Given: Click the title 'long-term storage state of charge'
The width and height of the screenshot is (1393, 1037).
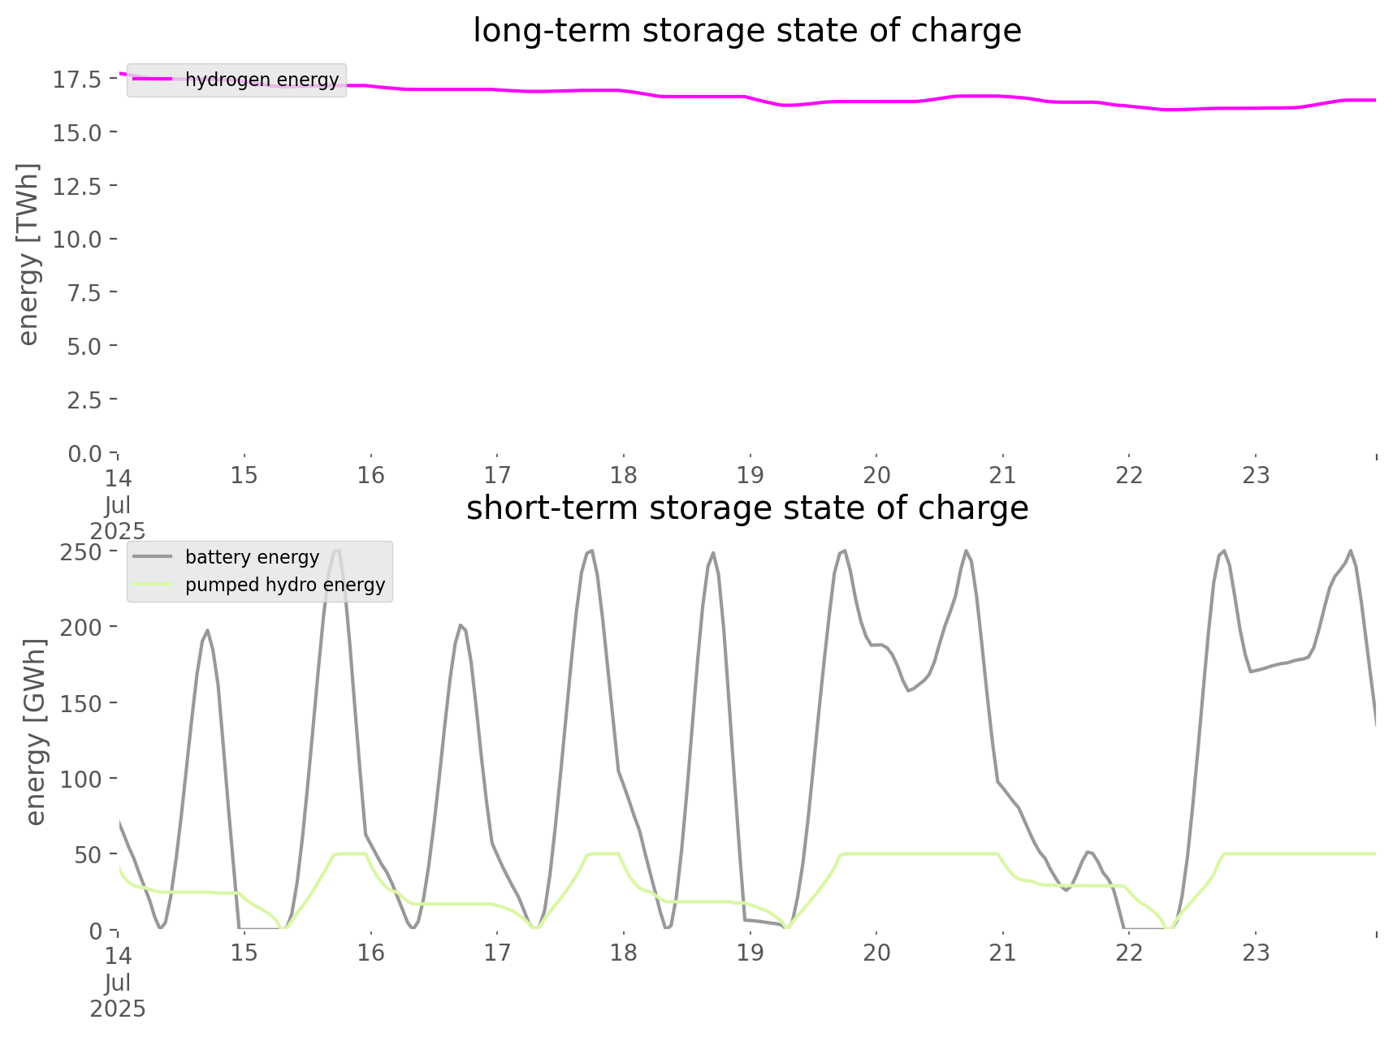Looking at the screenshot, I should click(x=746, y=31).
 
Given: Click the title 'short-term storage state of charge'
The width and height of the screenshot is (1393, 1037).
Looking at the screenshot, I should click(x=746, y=508).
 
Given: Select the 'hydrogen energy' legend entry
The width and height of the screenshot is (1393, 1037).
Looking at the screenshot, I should click(x=262, y=80).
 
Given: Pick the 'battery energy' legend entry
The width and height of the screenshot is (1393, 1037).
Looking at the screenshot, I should click(x=252, y=557).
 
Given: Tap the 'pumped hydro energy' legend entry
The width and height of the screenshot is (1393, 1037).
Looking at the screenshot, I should click(x=284, y=585).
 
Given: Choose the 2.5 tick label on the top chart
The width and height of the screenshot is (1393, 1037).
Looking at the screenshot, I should click(x=83, y=400).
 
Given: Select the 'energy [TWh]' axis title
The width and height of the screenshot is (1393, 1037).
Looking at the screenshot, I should click(x=28, y=254).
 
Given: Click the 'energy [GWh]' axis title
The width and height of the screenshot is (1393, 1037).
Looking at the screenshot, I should click(x=35, y=732).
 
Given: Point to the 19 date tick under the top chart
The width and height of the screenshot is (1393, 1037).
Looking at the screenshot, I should click(x=750, y=475).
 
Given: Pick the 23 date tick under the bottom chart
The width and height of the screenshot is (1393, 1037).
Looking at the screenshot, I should click(x=1256, y=953).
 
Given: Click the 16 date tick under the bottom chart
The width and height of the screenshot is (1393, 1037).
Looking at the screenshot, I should click(x=370, y=953).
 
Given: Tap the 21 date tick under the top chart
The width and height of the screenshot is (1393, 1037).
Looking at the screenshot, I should click(x=1003, y=475).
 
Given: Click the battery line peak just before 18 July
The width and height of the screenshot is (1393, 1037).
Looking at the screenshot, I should click(x=591, y=551).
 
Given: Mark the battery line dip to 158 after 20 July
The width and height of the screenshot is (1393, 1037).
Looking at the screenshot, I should click(x=909, y=691).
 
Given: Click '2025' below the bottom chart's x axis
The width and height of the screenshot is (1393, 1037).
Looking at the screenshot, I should click(x=118, y=1009).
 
